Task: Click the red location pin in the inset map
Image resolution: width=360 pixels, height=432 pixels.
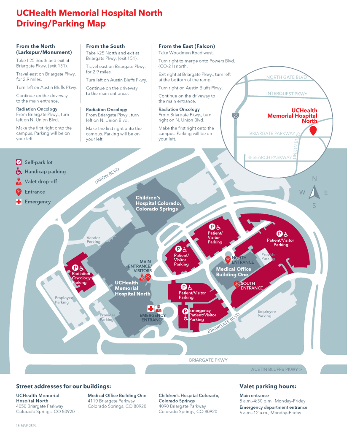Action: coord(313,130)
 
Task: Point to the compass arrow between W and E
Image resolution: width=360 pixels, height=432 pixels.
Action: coord(314,192)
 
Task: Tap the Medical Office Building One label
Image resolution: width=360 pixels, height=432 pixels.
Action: coord(234,272)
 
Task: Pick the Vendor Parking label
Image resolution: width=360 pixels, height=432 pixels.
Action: coord(94,240)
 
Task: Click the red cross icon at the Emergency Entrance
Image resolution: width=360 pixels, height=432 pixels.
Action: coord(150,308)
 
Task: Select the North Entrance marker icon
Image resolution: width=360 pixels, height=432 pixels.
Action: coord(228,259)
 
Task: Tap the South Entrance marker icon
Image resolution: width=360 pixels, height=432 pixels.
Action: coord(236,284)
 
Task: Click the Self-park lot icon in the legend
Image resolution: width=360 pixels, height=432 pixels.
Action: coord(19,162)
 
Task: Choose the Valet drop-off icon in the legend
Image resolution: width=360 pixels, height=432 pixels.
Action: coord(19,182)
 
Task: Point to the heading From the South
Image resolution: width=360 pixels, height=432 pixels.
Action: coord(105,46)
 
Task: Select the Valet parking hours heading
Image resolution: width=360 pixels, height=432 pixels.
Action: coord(268,386)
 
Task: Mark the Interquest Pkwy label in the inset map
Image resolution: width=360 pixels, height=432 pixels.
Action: coord(287,94)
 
